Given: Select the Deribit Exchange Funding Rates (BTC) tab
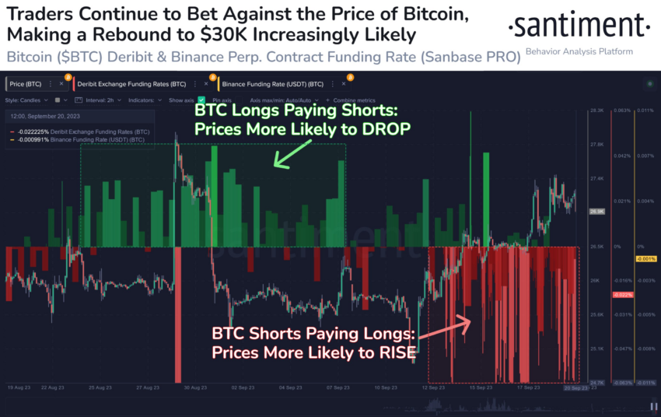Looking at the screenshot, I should pos(140,83).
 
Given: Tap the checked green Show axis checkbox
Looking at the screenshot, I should pos(201,100).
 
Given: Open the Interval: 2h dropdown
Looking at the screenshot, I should pos(96,100).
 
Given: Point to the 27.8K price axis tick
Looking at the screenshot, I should pos(597,145).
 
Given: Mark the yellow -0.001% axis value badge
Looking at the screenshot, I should pos(647,258).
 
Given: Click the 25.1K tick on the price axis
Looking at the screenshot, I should pos(597,349).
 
